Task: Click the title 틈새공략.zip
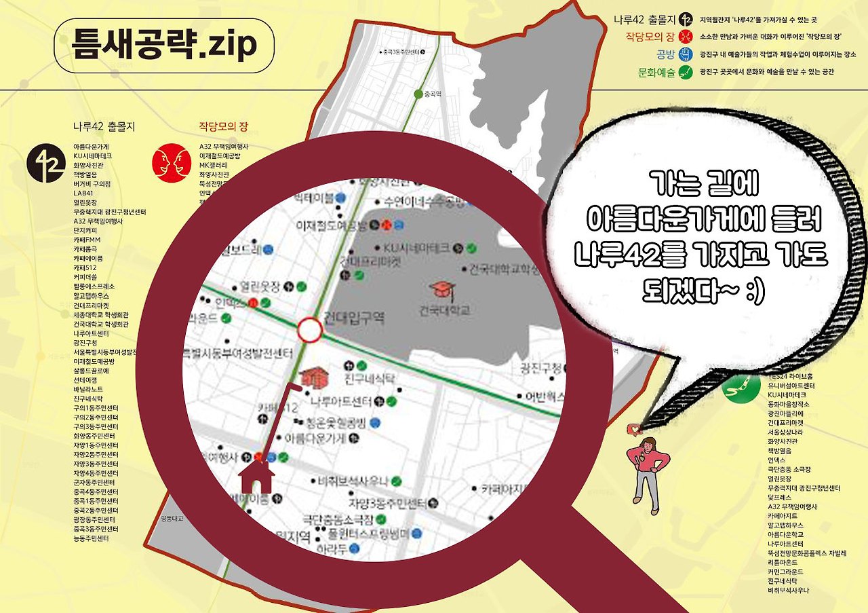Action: point(164,45)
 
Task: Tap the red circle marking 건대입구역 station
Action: point(309,331)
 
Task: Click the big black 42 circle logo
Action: point(46,163)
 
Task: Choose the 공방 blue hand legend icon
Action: point(685,54)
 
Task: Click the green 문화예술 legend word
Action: point(656,71)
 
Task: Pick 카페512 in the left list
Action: point(85,268)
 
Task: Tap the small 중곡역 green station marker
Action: point(418,94)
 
